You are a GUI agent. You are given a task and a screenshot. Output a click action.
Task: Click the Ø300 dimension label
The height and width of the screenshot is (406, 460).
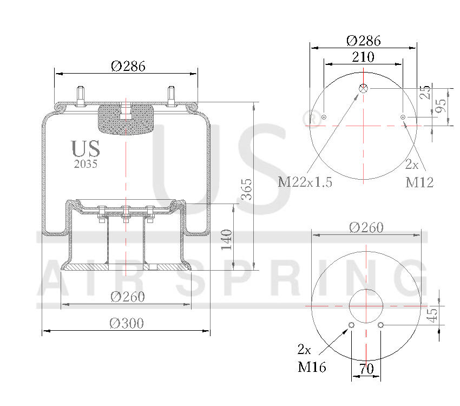click(126, 323)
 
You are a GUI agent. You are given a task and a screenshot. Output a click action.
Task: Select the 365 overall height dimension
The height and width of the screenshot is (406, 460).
click(246, 189)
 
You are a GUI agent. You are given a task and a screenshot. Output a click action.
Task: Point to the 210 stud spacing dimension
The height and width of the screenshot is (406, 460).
click(363, 56)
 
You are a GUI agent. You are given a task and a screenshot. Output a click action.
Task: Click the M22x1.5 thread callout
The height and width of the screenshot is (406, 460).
click(305, 182)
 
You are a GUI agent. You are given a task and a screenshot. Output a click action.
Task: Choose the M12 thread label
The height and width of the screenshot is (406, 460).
click(419, 182)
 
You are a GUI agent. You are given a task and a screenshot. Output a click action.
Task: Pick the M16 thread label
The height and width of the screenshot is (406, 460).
click(312, 368)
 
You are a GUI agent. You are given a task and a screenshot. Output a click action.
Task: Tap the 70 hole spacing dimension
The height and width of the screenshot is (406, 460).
click(366, 370)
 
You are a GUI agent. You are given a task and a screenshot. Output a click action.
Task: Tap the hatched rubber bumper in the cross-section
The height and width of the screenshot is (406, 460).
click(125, 119)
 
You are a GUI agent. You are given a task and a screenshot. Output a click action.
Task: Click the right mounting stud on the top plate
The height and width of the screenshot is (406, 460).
click(172, 96)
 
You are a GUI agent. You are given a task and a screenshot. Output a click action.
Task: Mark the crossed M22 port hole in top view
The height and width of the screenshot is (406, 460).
click(364, 88)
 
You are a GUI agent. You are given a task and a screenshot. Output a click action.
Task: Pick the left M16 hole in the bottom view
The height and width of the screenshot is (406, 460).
click(352, 325)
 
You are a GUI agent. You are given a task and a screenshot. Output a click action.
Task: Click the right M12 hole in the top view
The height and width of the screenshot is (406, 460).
click(403, 117)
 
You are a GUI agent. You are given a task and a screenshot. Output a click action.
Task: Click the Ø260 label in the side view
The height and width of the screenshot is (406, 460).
click(127, 297)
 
